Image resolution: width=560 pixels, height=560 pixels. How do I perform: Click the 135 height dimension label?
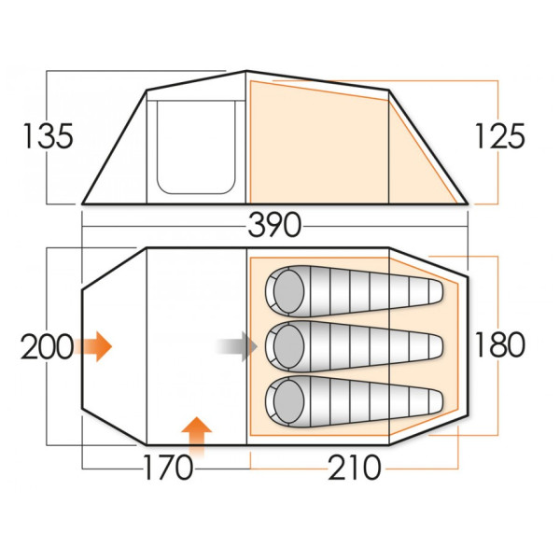(x=47, y=136)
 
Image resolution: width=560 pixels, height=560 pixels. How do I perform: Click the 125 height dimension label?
(x=498, y=136)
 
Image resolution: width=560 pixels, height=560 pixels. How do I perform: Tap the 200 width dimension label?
(x=47, y=347)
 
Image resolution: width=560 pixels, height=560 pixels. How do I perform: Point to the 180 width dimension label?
(x=498, y=344)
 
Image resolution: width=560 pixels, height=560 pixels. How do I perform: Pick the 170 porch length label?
(x=168, y=466)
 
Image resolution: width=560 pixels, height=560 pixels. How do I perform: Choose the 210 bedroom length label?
(x=355, y=466)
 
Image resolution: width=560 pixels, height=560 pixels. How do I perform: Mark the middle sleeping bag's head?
(x=286, y=346)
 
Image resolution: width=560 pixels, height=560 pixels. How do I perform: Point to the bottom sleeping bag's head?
(x=286, y=400)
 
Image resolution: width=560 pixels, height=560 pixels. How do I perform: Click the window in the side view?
(x=194, y=146)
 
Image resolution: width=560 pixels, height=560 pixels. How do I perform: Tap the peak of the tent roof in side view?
(x=245, y=71)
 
